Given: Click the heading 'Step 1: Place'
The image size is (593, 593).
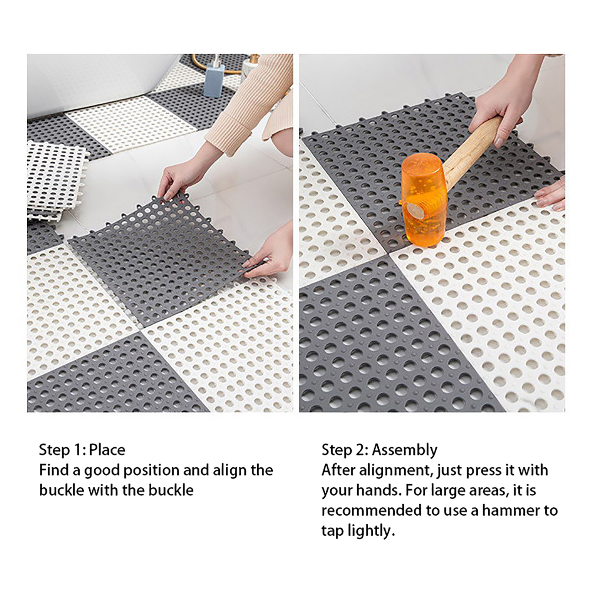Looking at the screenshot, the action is coord(82,450).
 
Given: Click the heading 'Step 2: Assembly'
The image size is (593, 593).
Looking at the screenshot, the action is coord(380,450).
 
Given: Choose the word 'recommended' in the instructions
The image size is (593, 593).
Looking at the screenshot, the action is coord(371,511).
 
